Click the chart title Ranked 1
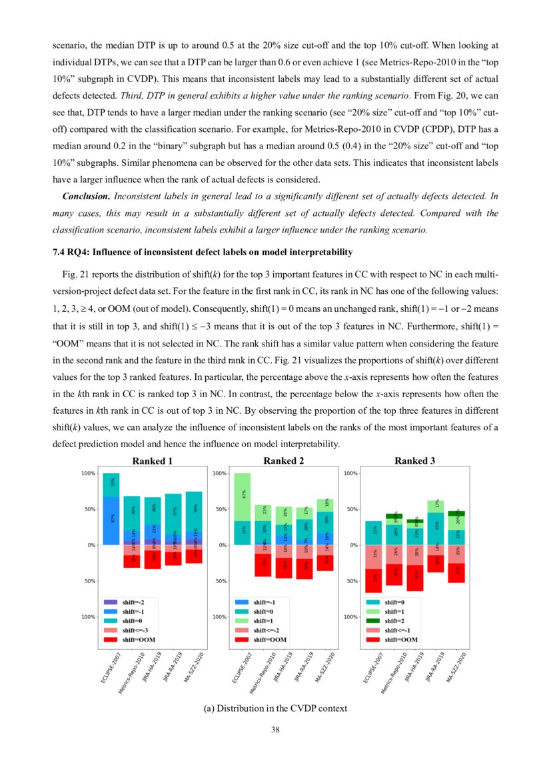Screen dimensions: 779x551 [153, 461]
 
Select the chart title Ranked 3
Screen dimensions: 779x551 [415, 461]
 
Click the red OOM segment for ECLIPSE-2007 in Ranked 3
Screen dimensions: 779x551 [374, 580]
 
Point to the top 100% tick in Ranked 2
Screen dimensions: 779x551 [219, 473]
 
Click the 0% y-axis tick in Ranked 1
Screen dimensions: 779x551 [89, 545]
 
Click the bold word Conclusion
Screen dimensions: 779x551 [86, 197]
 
